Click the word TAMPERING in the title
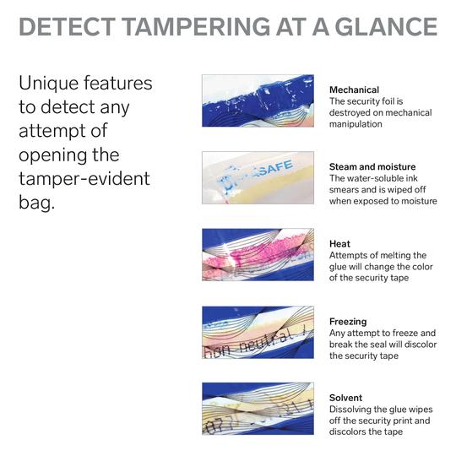tap(197, 26)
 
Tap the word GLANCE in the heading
tap(386, 26)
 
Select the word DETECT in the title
tap(68, 26)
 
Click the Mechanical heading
tap(354, 90)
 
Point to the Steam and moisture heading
tap(372, 167)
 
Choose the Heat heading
tap(339, 244)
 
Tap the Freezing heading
tap(348, 322)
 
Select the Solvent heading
tap(345, 398)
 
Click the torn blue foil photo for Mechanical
tap(258, 100)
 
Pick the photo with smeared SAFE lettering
tap(258, 177)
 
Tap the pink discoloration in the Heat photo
tap(256, 250)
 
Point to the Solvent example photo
tap(258, 409)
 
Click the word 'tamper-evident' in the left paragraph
tap(84, 178)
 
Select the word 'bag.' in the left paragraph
tap(36, 202)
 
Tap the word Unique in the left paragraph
tap(49, 84)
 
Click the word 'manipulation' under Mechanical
tap(356, 124)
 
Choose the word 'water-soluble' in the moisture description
tap(375, 178)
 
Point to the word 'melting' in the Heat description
tap(404, 255)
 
